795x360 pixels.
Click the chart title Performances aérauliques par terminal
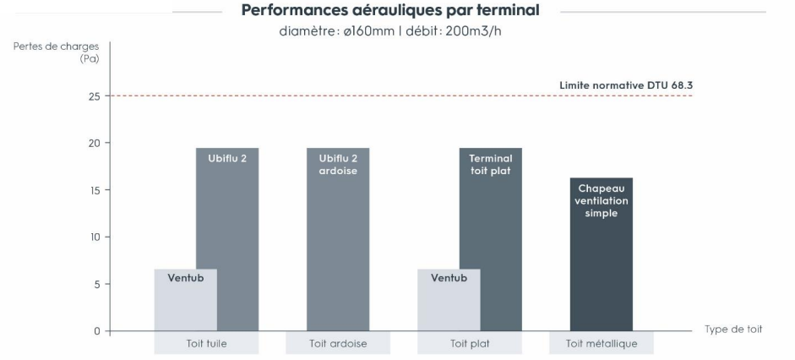pos(389,11)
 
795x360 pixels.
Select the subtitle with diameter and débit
pos(389,33)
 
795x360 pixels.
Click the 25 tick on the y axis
pos(93,96)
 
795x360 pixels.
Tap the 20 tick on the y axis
pos(93,143)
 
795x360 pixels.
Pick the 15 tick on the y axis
pos(93,190)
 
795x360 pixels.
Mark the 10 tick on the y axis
pos(93,237)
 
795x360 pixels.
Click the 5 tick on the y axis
pos(95,284)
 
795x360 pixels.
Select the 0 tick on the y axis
pos(95,331)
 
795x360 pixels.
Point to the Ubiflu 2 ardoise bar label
pos(338,163)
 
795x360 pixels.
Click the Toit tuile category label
pos(206,344)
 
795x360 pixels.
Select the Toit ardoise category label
pos(338,344)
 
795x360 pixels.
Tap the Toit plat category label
pos(470,344)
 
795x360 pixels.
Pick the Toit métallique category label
pos(602,344)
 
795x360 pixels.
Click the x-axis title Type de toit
pos(733,330)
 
